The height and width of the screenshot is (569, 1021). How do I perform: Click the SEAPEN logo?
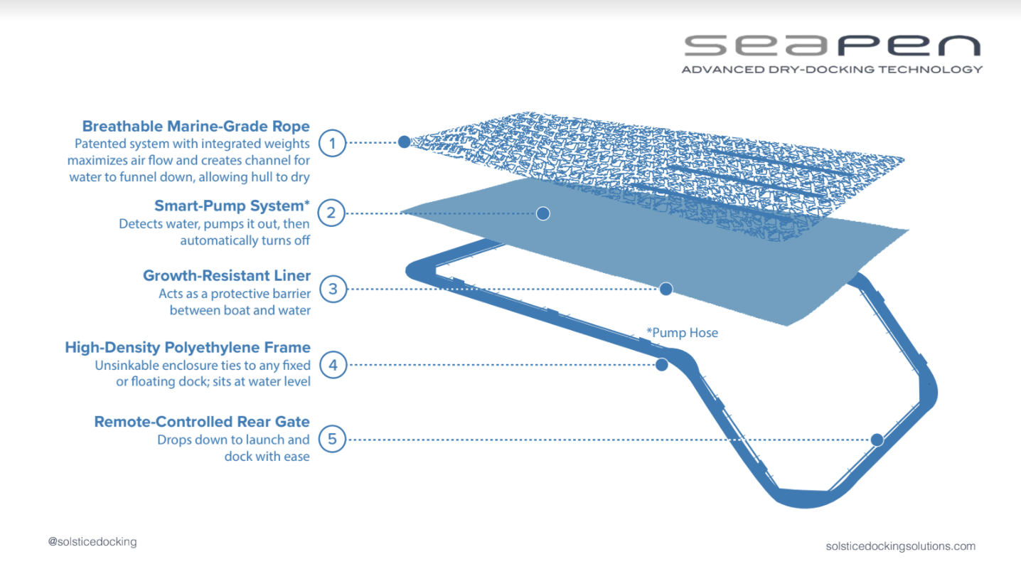click(x=832, y=46)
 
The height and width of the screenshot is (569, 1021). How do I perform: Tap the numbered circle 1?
click(x=332, y=143)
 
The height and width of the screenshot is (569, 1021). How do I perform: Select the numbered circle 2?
click(x=332, y=212)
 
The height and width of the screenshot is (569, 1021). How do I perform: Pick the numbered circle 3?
click(x=332, y=289)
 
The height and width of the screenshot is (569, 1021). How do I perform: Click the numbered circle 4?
click(x=332, y=366)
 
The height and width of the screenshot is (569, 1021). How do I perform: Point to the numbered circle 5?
click(x=332, y=440)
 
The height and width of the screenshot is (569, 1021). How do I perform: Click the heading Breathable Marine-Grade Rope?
click(x=196, y=127)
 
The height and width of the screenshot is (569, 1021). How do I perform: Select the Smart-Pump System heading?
click(x=232, y=206)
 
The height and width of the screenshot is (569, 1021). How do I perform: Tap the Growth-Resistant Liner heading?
click(x=226, y=276)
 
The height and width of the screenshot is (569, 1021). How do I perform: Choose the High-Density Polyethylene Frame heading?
click(x=188, y=348)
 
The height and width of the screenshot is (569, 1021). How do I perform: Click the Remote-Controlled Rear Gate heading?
click(x=202, y=422)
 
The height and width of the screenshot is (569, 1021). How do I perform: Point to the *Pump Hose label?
click(x=682, y=332)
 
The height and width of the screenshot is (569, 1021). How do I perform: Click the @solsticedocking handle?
click(x=92, y=542)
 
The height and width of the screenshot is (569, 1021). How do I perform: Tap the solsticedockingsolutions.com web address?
click(x=900, y=546)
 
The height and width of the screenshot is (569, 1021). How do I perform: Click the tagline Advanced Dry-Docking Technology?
click(x=832, y=70)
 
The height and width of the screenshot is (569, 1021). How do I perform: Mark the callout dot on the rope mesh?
click(x=404, y=142)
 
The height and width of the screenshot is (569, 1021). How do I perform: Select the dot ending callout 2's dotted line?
click(x=543, y=213)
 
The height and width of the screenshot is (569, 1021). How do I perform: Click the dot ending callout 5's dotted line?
click(x=877, y=440)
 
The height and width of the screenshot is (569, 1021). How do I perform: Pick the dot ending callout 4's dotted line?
click(x=661, y=365)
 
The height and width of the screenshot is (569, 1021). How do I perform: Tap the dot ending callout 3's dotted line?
click(x=665, y=289)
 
